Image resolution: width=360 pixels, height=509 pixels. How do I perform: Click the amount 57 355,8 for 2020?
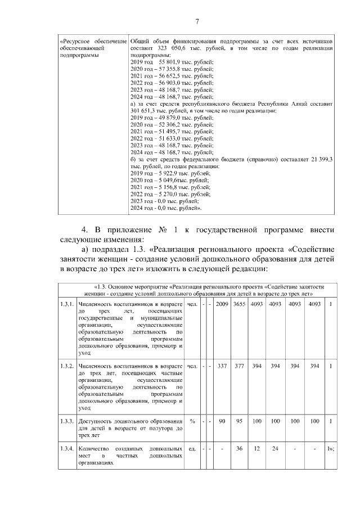pyautogui.click(x=172, y=69)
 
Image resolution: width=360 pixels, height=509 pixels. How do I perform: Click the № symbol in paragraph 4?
pyautogui.click(x=166, y=230)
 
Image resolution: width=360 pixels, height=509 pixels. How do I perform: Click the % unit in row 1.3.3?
pyautogui.click(x=192, y=421)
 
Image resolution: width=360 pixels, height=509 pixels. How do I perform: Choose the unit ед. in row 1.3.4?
pyautogui.click(x=192, y=449)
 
